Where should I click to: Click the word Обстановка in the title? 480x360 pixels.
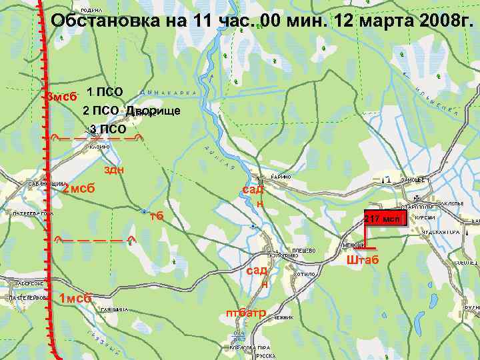(111, 21)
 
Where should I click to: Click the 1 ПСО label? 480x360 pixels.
(105, 91)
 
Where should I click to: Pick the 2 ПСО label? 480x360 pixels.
(101, 110)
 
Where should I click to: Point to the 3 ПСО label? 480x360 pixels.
(108, 129)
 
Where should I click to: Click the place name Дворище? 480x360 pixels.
(153, 110)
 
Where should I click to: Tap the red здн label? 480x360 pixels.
(115, 170)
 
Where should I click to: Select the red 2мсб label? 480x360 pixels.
(78, 189)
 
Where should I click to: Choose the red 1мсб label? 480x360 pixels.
(75, 298)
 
